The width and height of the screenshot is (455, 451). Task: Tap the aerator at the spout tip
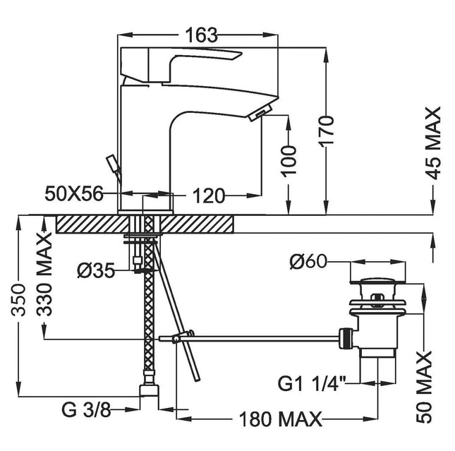260,111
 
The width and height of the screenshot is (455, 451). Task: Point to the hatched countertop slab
145,224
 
